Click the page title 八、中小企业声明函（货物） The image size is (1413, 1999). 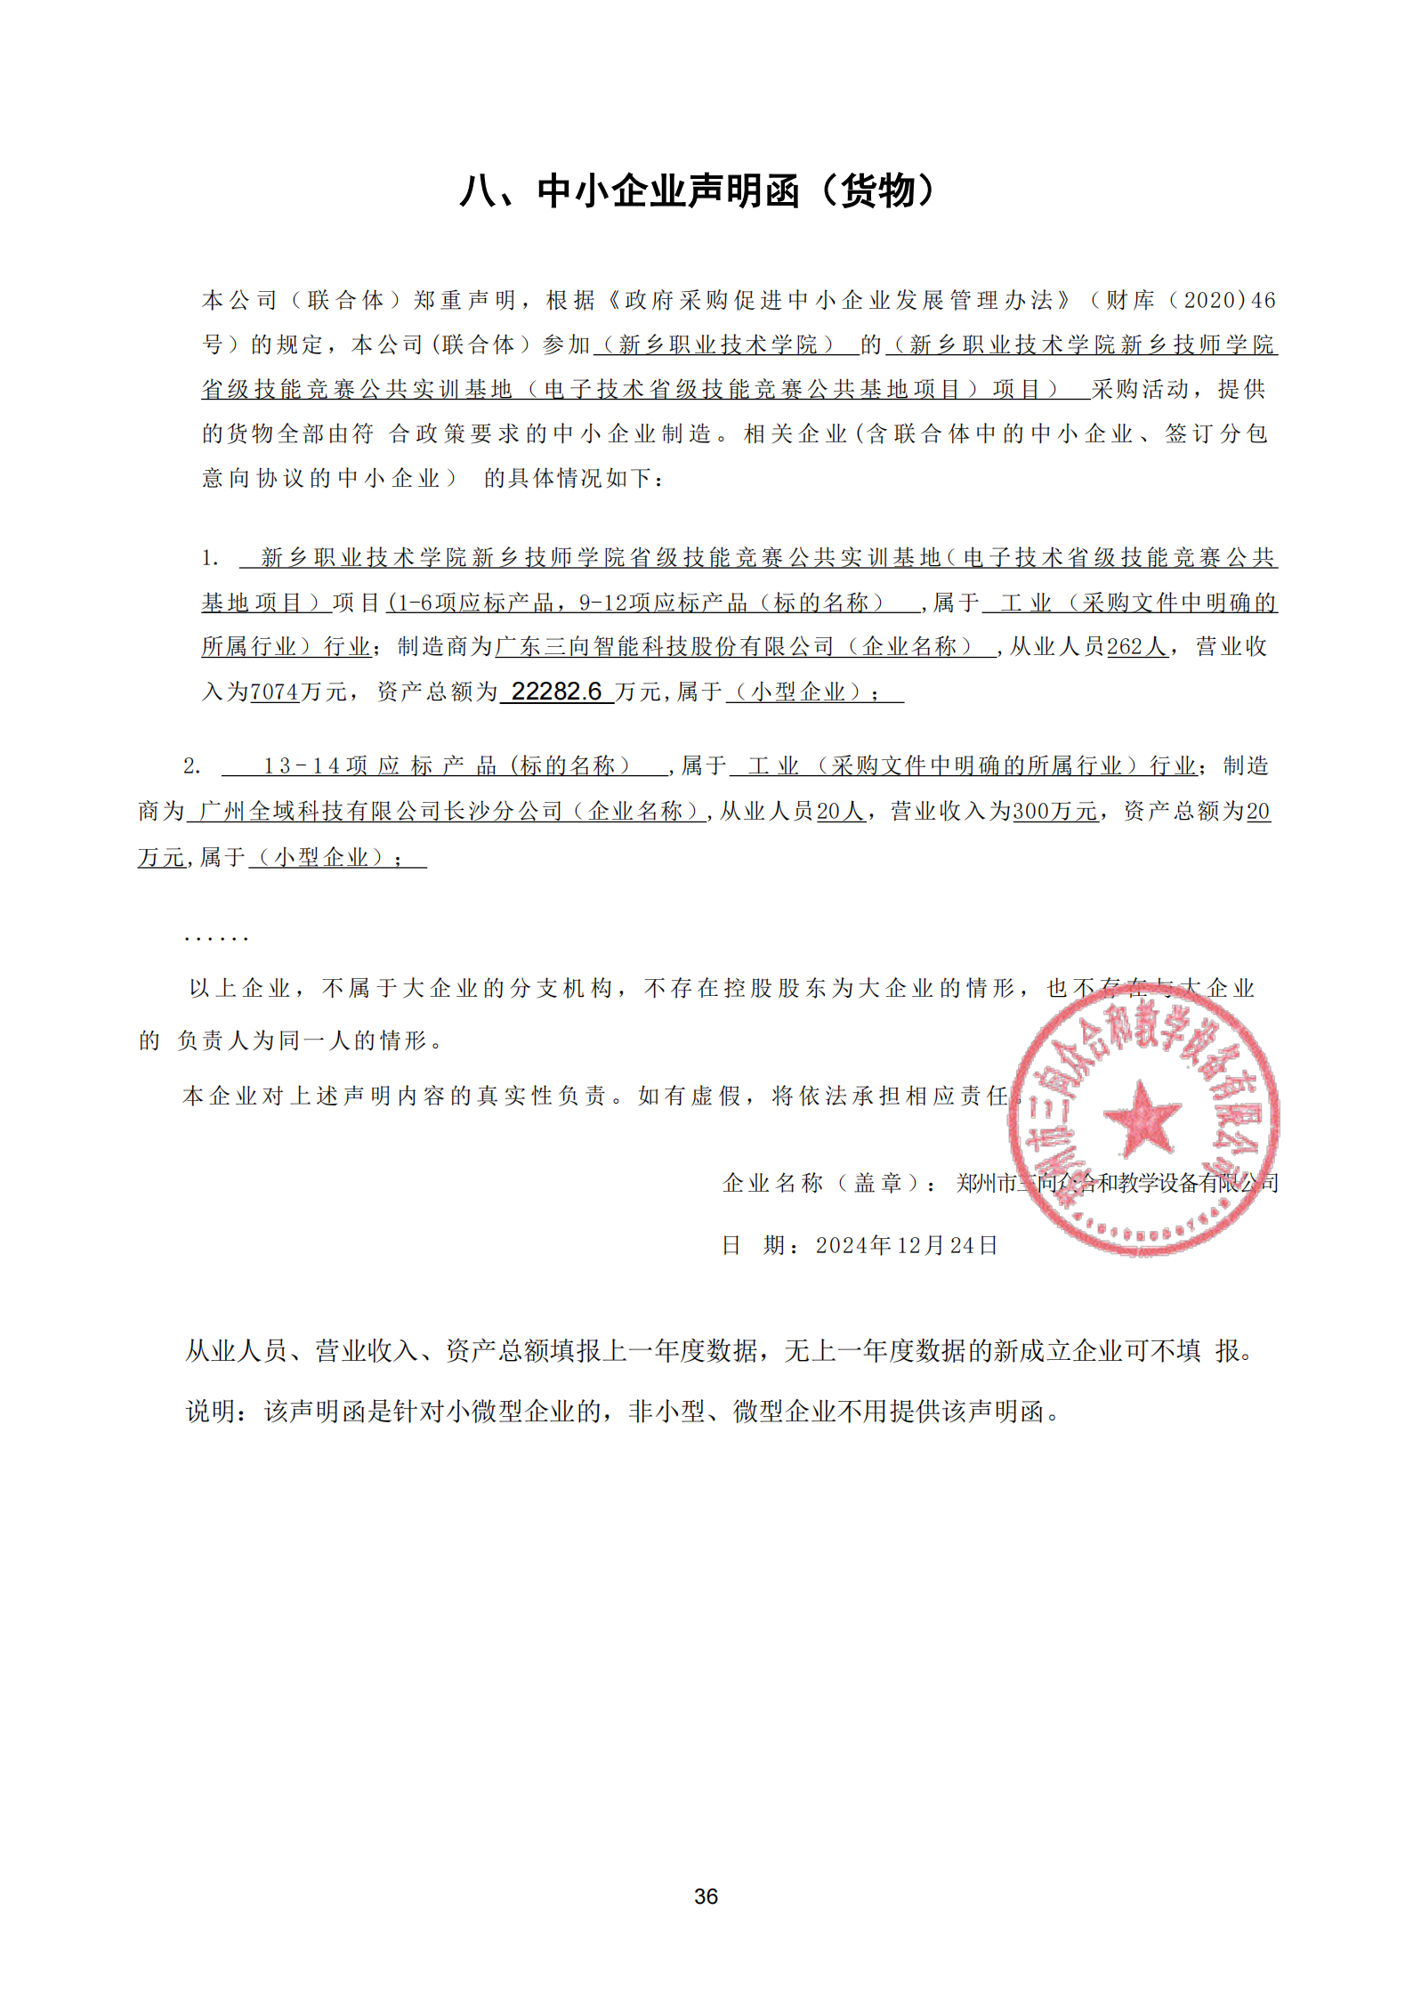pos(698,191)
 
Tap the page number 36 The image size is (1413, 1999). pos(706,1897)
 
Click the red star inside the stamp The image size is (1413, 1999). pos(1142,1118)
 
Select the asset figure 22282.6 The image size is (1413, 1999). pos(556,692)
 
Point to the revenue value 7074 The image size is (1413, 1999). pos(275,692)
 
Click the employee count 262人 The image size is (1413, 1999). pos(1136,647)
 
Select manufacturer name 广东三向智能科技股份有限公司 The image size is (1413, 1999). pos(664,647)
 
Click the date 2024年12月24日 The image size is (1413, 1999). pos(906,1245)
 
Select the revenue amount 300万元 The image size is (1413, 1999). pos(1054,811)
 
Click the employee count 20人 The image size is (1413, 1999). pos(841,811)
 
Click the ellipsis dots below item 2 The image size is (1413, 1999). pos(215,938)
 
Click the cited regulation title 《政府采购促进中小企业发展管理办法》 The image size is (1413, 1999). pos(840,301)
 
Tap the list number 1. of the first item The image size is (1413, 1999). pos(210,559)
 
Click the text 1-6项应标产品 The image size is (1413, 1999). pos(475,603)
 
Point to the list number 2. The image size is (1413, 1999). pos(192,766)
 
